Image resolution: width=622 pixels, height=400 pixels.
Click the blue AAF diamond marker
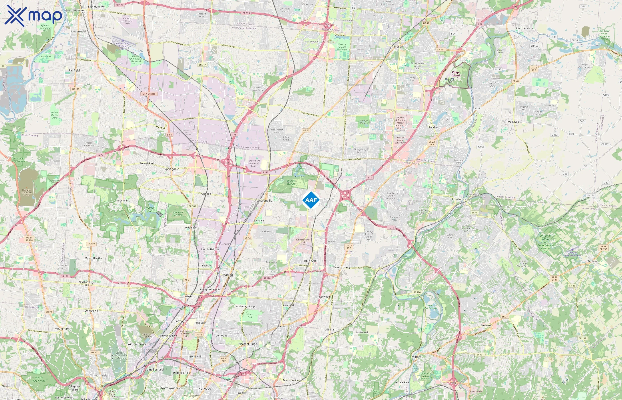coord(311,200)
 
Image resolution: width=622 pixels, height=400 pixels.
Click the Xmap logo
coord(33,16)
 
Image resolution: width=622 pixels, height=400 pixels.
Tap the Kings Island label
coord(455,74)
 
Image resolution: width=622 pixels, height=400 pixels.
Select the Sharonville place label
coord(265,200)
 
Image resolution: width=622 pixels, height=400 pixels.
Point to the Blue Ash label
coord(310,261)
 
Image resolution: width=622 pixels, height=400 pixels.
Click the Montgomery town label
coord(341,267)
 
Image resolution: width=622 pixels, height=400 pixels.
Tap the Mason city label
coord(399,47)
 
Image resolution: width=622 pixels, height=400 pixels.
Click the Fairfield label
coord(74,70)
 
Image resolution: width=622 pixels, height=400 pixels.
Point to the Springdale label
coord(171,169)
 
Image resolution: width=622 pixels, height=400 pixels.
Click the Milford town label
coord(417,357)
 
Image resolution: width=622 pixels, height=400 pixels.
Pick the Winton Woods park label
coord(150,209)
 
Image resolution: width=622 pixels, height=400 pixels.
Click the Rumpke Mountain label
coord(26,192)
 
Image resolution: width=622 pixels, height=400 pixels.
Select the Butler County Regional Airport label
coord(123,46)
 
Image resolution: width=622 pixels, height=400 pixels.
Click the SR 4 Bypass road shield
coord(149,94)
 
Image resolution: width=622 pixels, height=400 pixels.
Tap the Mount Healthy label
coord(93,258)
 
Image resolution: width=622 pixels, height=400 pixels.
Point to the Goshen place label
coord(592,261)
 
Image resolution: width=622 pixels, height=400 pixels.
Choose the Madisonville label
coord(291,380)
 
